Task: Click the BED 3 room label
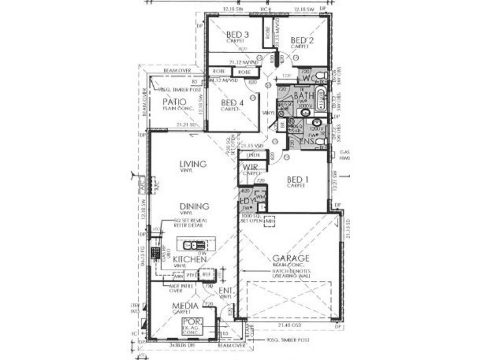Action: tap(237, 35)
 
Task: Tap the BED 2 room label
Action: tap(302, 40)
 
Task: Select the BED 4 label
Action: tap(232, 102)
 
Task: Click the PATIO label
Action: tap(175, 102)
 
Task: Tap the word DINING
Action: tap(194, 206)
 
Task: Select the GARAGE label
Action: tap(291, 258)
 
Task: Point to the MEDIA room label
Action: tap(185, 306)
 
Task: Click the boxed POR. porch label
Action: tap(193, 322)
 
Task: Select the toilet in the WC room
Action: tap(321, 76)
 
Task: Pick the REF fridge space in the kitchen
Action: tap(207, 275)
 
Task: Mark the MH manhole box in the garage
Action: tap(269, 221)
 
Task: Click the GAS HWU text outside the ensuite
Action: tap(345, 155)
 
